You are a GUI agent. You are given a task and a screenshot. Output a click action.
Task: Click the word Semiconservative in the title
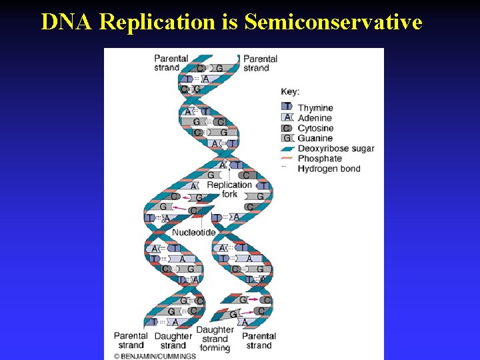click(333, 22)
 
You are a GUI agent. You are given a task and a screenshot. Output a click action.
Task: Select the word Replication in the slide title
click(157, 22)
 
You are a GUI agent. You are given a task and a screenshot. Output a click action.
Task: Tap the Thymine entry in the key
click(315, 108)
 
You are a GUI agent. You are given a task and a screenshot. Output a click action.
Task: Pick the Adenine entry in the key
click(315, 118)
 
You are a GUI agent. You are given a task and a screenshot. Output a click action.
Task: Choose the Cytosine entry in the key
click(315, 128)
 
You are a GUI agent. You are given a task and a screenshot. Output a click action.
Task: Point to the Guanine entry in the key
click(315, 138)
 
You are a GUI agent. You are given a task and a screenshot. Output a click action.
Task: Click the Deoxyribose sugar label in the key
click(335, 148)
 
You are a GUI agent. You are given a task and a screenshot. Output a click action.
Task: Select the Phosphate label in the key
click(319, 159)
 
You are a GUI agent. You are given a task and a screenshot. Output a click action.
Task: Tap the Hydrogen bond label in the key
click(329, 169)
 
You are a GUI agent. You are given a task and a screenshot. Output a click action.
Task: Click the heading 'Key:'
click(290, 91)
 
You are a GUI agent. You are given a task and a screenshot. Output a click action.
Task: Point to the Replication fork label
click(229, 189)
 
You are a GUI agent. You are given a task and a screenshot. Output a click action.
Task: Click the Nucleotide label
click(193, 232)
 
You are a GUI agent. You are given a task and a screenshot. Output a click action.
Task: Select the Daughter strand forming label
click(215, 339)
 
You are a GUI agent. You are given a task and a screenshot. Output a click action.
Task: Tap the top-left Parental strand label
click(171, 63)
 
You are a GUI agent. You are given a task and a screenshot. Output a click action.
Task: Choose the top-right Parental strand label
click(260, 63)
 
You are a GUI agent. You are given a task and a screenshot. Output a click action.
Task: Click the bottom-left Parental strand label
click(131, 341)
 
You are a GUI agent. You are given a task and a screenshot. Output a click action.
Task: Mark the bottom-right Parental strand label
click(259, 341)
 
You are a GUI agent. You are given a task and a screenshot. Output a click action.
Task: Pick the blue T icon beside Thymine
click(287, 107)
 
